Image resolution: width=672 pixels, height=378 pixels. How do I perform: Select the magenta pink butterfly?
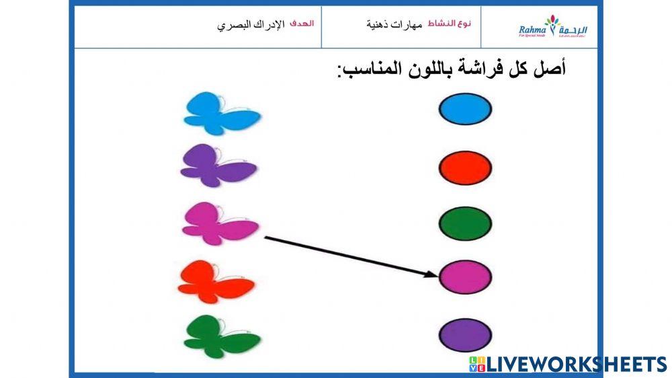[219, 224]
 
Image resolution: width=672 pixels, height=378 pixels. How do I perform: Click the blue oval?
[465, 110]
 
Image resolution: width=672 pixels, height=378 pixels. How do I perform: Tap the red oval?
[465, 168]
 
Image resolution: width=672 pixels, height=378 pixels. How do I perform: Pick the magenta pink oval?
[465, 277]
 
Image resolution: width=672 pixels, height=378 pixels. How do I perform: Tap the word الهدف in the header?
[302, 24]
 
